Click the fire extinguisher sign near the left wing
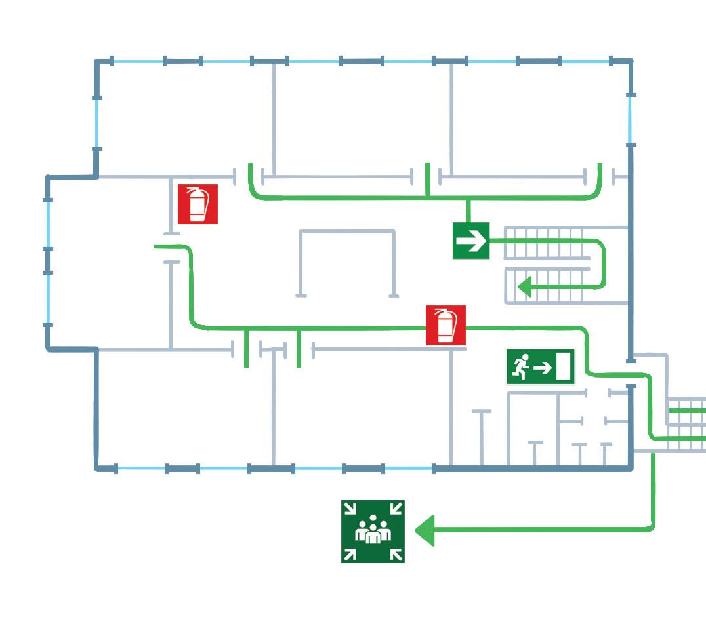tap(197, 204)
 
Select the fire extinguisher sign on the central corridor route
tap(446, 325)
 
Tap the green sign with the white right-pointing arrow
tap(471, 241)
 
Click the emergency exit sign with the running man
tap(540, 366)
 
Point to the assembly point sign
tap(373, 531)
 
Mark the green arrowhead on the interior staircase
tap(524, 287)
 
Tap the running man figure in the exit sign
tap(520, 366)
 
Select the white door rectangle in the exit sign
tap(563, 366)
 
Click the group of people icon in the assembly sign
tap(373, 532)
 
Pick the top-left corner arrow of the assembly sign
tap(350, 508)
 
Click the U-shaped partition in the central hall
tap(347, 262)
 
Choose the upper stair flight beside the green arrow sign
tap(545, 243)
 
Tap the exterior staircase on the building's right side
tap(686, 424)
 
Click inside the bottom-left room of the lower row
tap(184, 410)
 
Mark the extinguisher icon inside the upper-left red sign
tap(197, 204)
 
